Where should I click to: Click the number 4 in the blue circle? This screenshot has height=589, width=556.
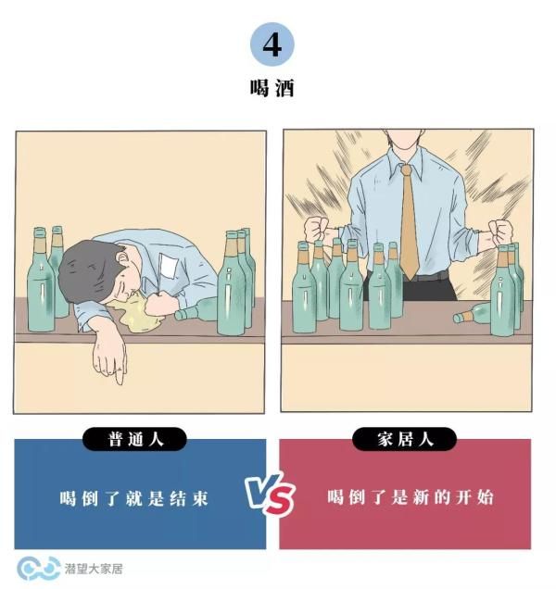click(x=272, y=45)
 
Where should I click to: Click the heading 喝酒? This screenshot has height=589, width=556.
click(x=272, y=88)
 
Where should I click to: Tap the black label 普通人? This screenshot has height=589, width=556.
click(x=134, y=439)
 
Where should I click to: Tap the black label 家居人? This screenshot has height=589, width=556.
click(x=405, y=439)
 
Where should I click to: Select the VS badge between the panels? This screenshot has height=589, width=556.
click(x=270, y=494)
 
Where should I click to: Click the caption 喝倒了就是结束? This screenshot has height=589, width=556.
click(x=133, y=498)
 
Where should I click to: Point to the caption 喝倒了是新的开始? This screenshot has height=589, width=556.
click(x=410, y=497)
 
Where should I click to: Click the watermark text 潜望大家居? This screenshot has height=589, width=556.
click(x=94, y=569)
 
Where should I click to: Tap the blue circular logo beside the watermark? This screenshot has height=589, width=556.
click(x=38, y=569)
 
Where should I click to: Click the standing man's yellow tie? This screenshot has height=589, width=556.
click(x=409, y=221)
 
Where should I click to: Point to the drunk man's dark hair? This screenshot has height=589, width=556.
click(x=87, y=269)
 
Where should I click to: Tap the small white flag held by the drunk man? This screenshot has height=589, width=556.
click(x=167, y=266)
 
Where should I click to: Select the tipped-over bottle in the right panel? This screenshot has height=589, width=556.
click(x=473, y=315)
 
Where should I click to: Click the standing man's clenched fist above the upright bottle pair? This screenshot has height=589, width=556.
click(x=500, y=232)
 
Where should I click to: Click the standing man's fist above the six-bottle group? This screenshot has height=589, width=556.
click(x=317, y=229)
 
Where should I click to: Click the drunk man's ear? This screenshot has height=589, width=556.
click(x=122, y=258)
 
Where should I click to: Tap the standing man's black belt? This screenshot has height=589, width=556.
click(x=428, y=277)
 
